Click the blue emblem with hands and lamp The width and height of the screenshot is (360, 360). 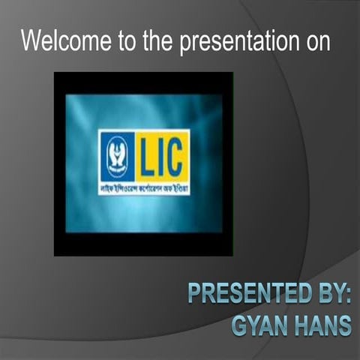116,155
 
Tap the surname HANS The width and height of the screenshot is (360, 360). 321,325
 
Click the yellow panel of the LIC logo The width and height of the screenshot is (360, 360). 163,154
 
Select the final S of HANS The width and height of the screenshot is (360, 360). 346,325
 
